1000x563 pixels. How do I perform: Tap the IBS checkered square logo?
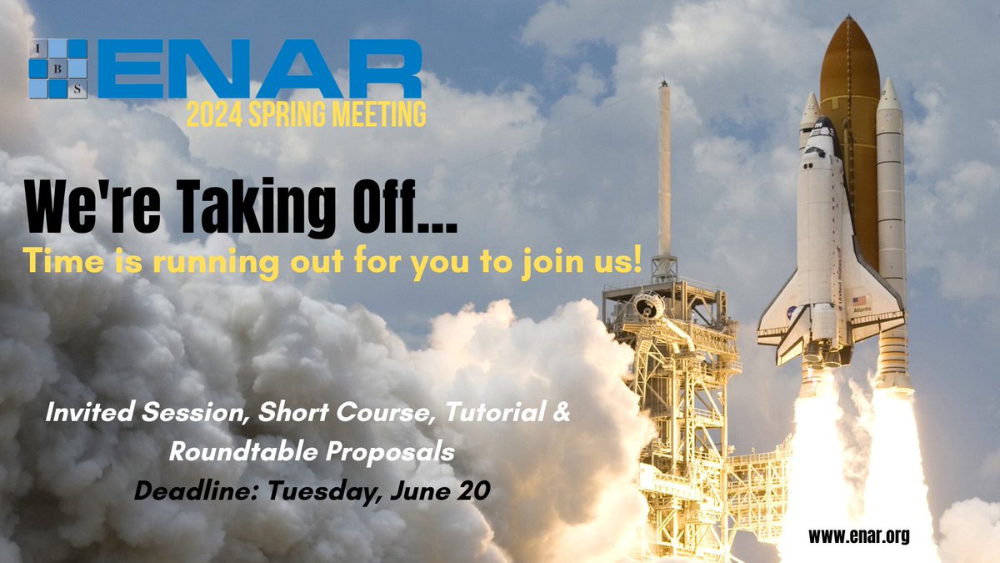pos(57,69)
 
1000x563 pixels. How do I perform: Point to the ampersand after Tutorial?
pos(561,414)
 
